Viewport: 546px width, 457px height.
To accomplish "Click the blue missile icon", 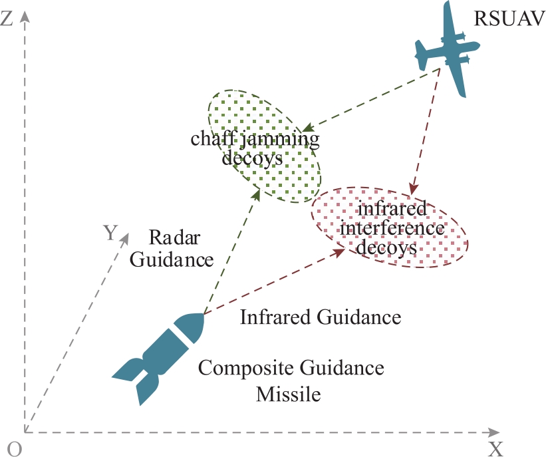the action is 158,359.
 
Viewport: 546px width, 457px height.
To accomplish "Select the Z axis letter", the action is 7,19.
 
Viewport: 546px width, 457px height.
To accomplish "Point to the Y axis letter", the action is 111,232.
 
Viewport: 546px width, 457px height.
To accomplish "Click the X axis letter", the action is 495,449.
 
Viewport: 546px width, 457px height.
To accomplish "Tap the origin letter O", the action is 14,449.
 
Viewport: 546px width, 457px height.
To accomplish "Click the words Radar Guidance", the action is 172,248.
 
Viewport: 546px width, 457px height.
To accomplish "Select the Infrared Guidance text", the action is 321,317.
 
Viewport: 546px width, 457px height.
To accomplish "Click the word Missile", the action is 289,394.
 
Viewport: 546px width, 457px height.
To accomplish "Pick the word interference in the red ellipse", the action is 392,229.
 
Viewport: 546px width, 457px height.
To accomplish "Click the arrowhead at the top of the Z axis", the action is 25,16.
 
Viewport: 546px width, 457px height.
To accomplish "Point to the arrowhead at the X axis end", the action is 494,432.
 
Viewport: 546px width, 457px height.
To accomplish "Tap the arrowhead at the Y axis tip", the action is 124,239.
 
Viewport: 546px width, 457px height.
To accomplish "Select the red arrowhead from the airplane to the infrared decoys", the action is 414,189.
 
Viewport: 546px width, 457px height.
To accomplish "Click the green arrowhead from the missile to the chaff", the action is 257,194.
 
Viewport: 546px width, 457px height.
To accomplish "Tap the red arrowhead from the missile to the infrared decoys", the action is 340,252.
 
